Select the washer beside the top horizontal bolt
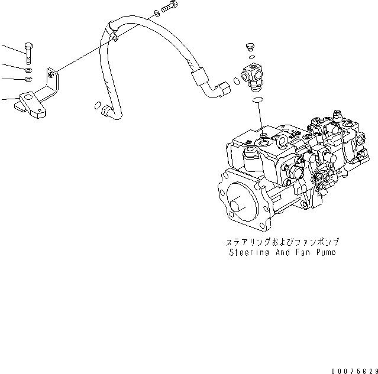click(x=154, y=12)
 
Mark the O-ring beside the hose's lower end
click(x=96, y=106)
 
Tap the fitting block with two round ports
click(x=252, y=76)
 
